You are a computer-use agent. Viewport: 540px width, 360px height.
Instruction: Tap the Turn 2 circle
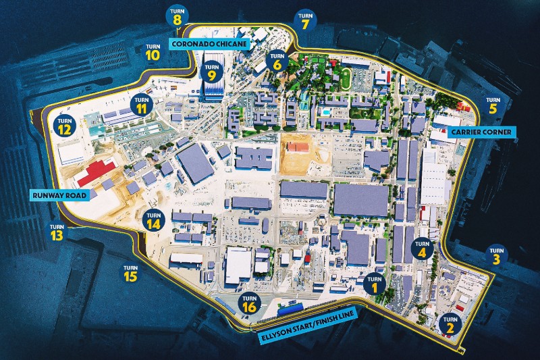click(450, 325)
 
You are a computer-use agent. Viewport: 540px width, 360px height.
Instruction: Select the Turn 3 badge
click(496, 255)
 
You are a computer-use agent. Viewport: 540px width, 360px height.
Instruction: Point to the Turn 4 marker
click(423, 249)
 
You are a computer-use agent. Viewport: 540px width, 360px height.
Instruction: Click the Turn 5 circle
click(492, 105)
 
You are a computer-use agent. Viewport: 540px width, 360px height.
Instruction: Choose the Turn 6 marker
click(277, 61)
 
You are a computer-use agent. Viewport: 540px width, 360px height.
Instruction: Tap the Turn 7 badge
click(305, 21)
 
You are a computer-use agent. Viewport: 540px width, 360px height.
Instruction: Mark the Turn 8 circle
click(178, 16)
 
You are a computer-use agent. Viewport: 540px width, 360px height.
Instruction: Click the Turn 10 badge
click(152, 51)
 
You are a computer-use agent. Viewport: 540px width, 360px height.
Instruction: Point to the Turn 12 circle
click(65, 126)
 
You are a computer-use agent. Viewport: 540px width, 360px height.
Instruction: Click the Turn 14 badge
click(154, 219)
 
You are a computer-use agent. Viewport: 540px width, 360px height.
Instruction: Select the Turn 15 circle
click(130, 273)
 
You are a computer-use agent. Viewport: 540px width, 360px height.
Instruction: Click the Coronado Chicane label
click(209, 43)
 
